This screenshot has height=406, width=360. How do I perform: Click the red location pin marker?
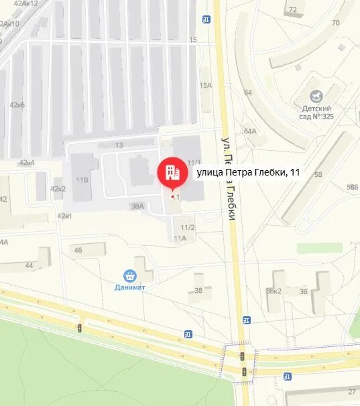(173, 173)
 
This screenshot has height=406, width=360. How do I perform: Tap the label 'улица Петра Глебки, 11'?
(247, 173)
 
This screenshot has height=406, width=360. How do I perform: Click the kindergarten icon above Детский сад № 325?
(318, 97)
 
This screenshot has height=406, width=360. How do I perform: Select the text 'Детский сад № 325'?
(318, 113)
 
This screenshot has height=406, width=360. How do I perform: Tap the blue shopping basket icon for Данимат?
(129, 275)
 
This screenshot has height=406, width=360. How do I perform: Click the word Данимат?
(129, 287)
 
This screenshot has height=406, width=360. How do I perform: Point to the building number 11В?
(82, 180)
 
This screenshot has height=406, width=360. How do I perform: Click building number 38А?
(137, 206)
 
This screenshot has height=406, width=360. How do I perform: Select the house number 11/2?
(188, 228)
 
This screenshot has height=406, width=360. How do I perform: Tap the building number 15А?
(205, 85)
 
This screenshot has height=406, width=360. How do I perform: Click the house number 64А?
(250, 131)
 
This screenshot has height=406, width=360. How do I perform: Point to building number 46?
(78, 251)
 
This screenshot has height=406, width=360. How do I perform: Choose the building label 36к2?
(274, 291)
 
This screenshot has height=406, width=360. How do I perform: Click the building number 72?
(292, 10)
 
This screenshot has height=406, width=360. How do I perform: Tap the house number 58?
(318, 175)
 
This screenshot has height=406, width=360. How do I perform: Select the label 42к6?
(17, 105)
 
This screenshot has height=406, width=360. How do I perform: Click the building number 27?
(352, 391)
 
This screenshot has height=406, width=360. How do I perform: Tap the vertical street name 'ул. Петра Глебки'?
(229, 178)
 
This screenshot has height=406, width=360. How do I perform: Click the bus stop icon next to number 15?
(206, 20)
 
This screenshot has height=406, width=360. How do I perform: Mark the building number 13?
(119, 145)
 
